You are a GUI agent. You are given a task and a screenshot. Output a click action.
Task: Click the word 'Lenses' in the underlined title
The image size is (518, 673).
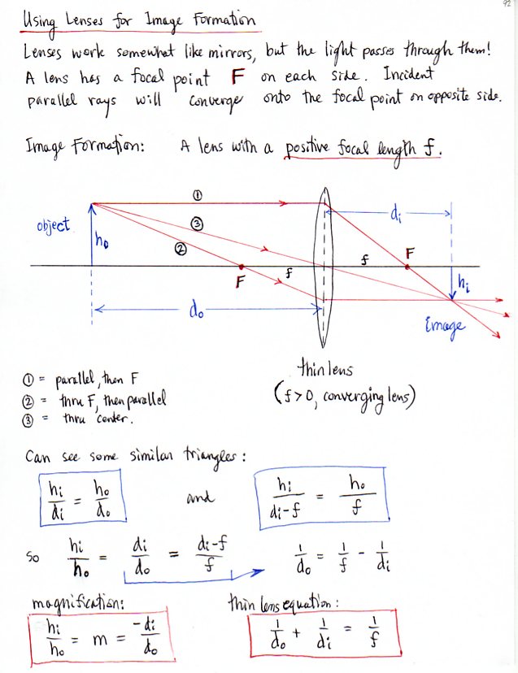[x=81, y=19]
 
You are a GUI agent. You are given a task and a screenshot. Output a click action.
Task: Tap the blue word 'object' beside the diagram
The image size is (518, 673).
[x=54, y=224]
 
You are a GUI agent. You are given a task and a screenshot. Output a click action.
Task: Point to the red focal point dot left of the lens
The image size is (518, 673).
[x=242, y=266]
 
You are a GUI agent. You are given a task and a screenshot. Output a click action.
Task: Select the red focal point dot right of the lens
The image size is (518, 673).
[x=408, y=266]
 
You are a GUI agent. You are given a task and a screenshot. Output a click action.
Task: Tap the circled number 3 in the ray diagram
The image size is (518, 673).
[x=196, y=223]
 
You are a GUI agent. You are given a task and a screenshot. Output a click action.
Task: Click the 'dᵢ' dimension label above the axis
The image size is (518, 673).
[x=396, y=216]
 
